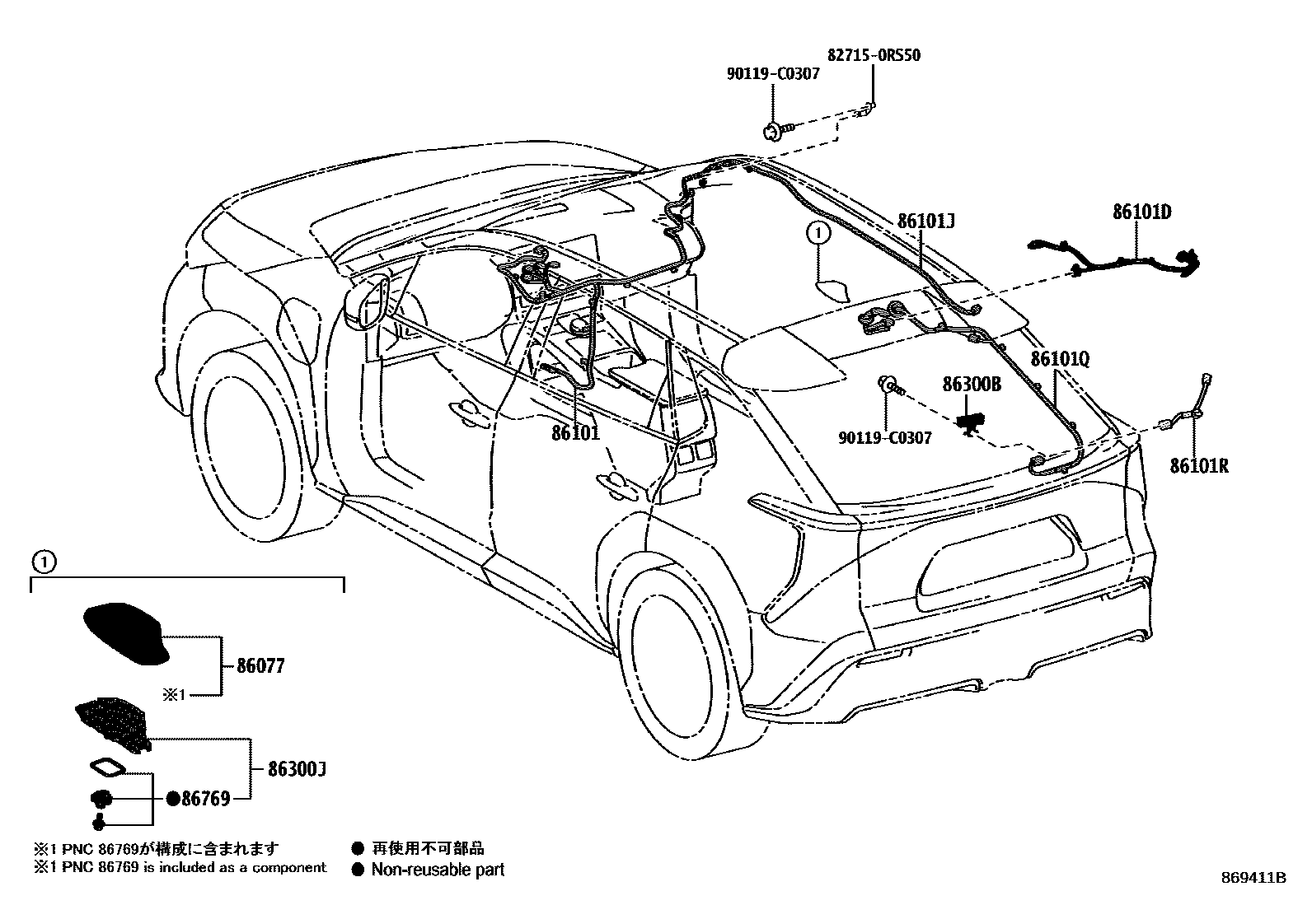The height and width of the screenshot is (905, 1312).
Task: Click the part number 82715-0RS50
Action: [873, 56]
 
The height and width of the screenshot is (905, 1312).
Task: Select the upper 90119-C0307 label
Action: [773, 74]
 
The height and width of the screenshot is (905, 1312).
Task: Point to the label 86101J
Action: [925, 221]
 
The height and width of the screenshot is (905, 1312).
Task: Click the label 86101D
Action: [1141, 212]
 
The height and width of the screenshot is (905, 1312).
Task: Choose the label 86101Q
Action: [1060, 360]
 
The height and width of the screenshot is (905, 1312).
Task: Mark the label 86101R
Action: [1199, 466]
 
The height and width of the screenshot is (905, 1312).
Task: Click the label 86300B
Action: [972, 384]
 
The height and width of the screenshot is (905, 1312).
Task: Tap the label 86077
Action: [260, 665]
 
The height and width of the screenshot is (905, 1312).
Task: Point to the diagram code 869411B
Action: [1253, 878]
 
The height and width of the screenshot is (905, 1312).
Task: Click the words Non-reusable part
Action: [437, 869]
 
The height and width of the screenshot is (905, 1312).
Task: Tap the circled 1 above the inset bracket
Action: [43, 562]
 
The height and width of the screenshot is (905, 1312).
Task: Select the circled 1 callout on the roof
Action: [818, 233]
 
